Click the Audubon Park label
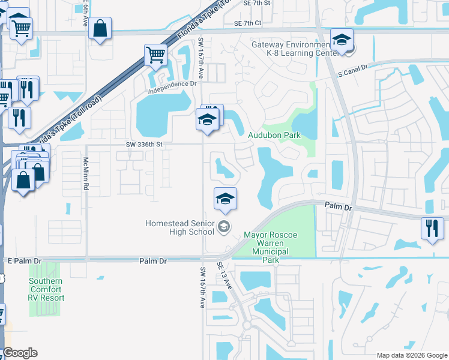click(274, 136)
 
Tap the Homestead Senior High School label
click(179, 229)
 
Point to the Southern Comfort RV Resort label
click(46, 289)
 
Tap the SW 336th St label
click(145, 145)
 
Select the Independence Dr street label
click(173, 84)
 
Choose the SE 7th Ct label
click(249, 23)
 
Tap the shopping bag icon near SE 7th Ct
click(100, 28)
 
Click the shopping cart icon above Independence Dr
click(155, 55)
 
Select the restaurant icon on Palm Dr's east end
click(432, 228)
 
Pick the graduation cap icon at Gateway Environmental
click(342, 41)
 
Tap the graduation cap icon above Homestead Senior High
click(225, 199)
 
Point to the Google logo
click(20, 353)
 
